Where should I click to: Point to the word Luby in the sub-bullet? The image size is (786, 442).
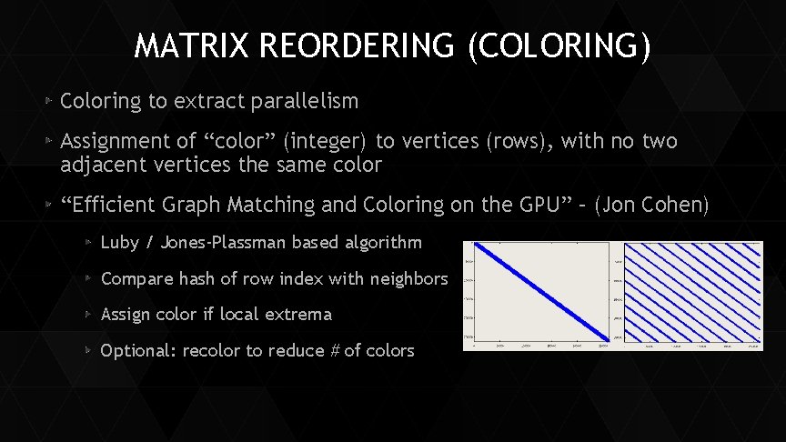118,242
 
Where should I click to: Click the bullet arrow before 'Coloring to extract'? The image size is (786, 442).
50,101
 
